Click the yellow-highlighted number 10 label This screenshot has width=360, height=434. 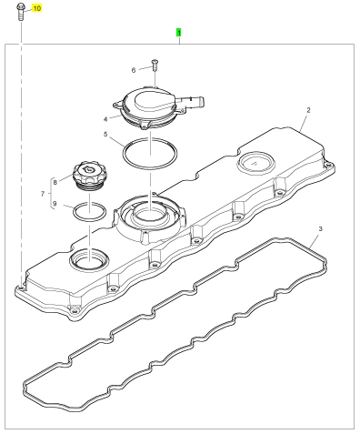(36, 8)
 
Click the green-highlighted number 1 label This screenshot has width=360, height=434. (179, 33)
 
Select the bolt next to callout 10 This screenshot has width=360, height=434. (21, 12)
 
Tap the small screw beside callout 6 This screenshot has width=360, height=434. (155, 66)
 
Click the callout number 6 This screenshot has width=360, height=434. (134, 71)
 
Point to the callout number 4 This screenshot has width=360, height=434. (105, 119)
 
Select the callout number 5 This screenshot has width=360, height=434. (105, 134)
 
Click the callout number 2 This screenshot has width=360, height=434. (308, 110)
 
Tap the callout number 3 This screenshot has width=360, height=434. (320, 228)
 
